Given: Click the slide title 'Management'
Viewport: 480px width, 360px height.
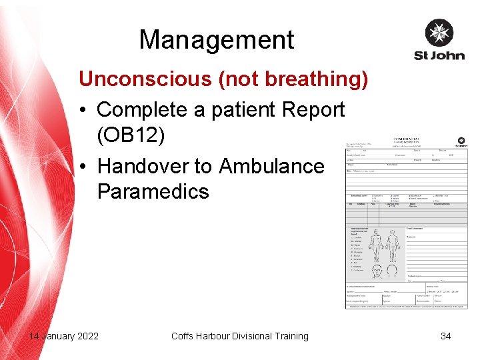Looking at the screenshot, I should coord(216,40).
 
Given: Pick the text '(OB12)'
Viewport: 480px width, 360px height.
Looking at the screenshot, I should coord(130,135).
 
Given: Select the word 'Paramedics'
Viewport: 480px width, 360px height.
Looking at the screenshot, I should coord(153,191).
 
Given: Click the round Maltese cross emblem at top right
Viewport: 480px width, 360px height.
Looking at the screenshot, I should coord(439,33).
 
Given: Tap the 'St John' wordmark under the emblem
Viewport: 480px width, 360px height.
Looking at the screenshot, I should coord(439,55).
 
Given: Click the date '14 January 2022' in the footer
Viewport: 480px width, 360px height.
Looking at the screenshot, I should coord(63,336).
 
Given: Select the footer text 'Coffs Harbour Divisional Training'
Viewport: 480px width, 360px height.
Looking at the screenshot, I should coord(240,336).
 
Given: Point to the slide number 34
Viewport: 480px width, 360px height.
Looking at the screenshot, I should coord(445,336).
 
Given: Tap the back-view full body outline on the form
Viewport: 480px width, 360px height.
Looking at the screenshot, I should coord(393,247).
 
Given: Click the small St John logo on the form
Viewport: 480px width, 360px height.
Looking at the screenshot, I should coord(461,142).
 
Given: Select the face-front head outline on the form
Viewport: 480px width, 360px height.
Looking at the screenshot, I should coord(375,271).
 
